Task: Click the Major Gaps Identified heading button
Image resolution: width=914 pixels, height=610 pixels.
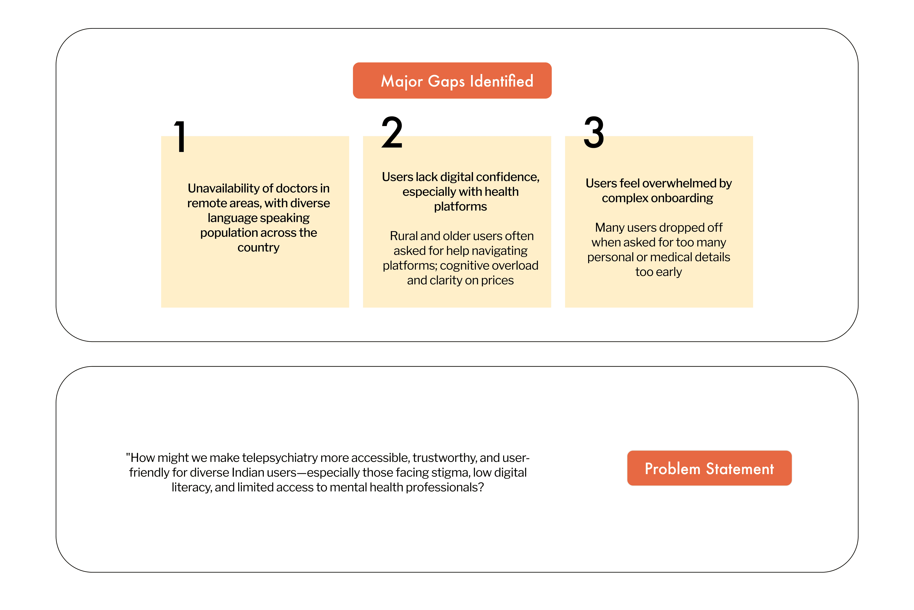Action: (x=452, y=80)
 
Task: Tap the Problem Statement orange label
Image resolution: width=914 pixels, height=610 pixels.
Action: (x=709, y=468)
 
